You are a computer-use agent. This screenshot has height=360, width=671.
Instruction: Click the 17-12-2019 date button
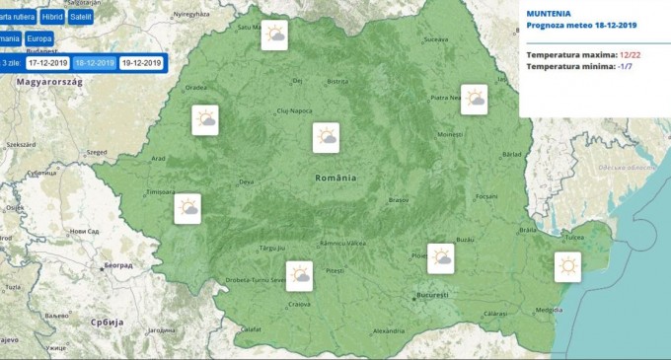tap(47, 63)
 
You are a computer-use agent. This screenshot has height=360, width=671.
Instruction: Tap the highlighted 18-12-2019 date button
tap(95, 63)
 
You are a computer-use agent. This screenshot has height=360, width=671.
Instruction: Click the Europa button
tap(40, 39)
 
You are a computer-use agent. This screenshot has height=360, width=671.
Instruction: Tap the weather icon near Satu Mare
tap(274, 36)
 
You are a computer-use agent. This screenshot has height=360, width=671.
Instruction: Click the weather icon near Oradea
tap(205, 121)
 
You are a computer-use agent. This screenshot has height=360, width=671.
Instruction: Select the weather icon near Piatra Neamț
tap(474, 99)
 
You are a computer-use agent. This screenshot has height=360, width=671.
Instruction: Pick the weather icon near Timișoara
tap(187, 208)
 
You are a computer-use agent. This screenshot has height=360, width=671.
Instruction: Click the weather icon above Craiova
tap(299, 275)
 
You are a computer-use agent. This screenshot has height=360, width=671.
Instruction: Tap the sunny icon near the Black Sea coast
tap(567, 267)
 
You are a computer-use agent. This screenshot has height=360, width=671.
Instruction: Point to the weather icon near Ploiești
tap(440, 257)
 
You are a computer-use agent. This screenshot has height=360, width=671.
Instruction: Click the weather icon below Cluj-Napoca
tap(327, 138)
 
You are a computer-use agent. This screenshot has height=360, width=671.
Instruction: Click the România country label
tap(335, 178)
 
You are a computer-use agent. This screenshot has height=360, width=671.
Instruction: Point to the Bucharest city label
tap(432, 295)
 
